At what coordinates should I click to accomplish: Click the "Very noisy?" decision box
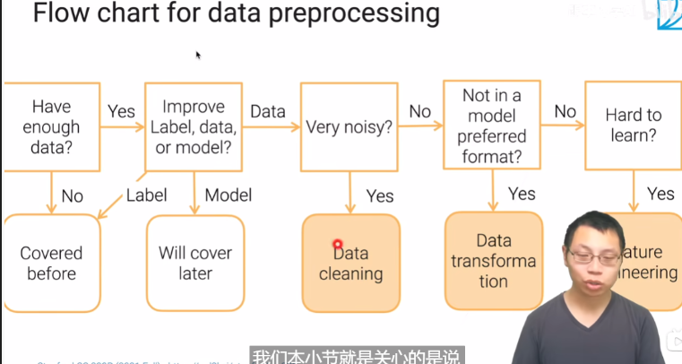[350, 126]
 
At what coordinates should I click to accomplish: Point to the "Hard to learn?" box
[633, 126]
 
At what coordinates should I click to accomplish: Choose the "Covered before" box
[51, 263]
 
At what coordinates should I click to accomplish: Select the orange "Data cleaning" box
[350, 263]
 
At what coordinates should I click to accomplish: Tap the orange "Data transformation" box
[493, 261]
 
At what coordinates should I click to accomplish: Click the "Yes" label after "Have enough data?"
[121, 111]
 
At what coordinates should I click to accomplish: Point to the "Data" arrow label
[268, 111]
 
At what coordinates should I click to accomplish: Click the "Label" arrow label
[146, 195]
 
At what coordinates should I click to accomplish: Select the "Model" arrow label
[229, 195]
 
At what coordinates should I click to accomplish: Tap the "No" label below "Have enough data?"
[73, 195]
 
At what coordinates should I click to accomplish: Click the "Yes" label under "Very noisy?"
[380, 195]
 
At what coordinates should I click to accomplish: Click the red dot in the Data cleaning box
[338, 244]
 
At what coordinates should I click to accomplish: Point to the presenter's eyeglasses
[595, 256]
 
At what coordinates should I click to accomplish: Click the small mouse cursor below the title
[198, 55]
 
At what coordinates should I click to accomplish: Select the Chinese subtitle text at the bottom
[356, 356]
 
